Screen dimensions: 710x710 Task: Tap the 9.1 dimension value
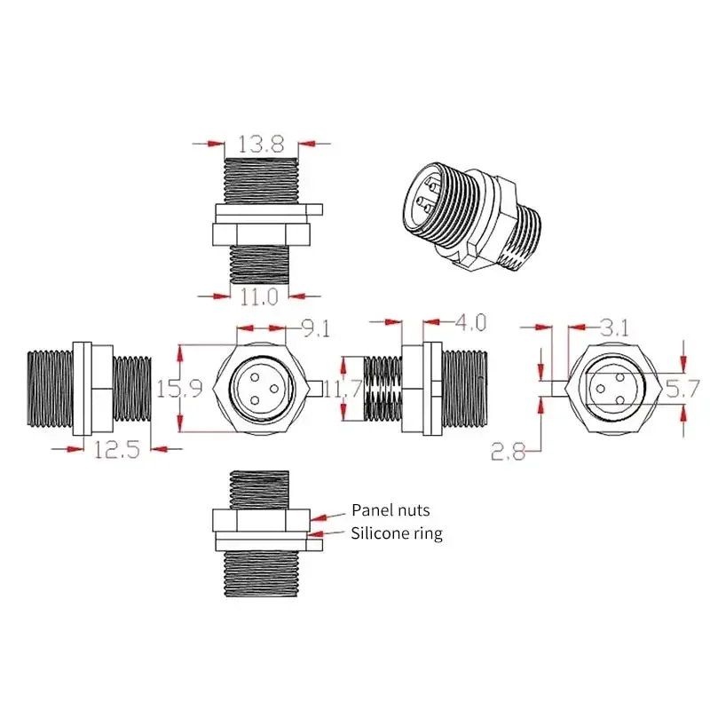click(x=315, y=330)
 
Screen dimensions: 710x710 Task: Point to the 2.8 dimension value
click(x=509, y=453)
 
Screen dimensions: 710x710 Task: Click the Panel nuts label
click(x=390, y=509)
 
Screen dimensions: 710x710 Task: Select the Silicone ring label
click(x=396, y=533)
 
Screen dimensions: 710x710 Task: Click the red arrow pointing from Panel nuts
click(x=328, y=514)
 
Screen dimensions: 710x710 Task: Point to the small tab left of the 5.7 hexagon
click(x=554, y=388)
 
